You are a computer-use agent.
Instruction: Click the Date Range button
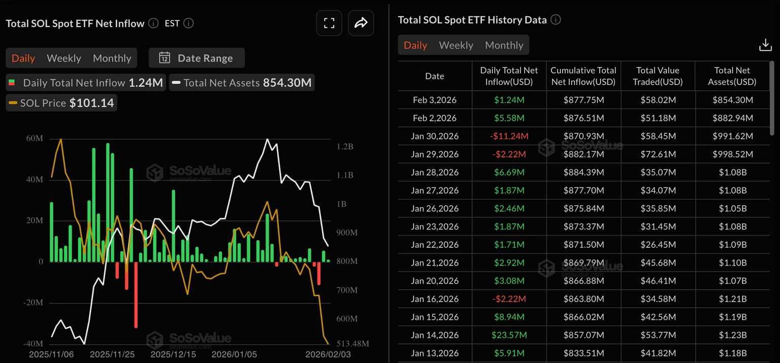click(x=197, y=58)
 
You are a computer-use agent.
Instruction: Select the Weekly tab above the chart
click(x=64, y=58)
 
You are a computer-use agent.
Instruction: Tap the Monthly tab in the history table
click(x=504, y=45)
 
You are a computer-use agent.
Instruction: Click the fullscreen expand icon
click(x=329, y=23)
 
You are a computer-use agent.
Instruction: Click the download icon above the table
click(x=765, y=45)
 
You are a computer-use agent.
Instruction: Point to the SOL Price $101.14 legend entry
click(x=61, y=103)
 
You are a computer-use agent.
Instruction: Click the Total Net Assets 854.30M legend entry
click(x=242, y=83)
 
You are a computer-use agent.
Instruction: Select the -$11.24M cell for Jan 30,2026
click(x=509, y=136)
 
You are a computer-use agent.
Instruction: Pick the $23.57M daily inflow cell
click(x=509, y=335)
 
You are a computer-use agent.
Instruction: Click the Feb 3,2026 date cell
click(x=434, y=100)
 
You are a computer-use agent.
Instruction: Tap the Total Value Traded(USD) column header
click(x=658, y=76)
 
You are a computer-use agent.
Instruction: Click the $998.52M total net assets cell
click(x=732, y=154)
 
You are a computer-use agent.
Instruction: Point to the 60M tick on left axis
click(x=35, y=139)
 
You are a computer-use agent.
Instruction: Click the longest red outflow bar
click(x=136, y=294)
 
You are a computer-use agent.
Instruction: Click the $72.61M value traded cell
click(x=658, y=154)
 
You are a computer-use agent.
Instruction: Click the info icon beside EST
click(x=188, y=23)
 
